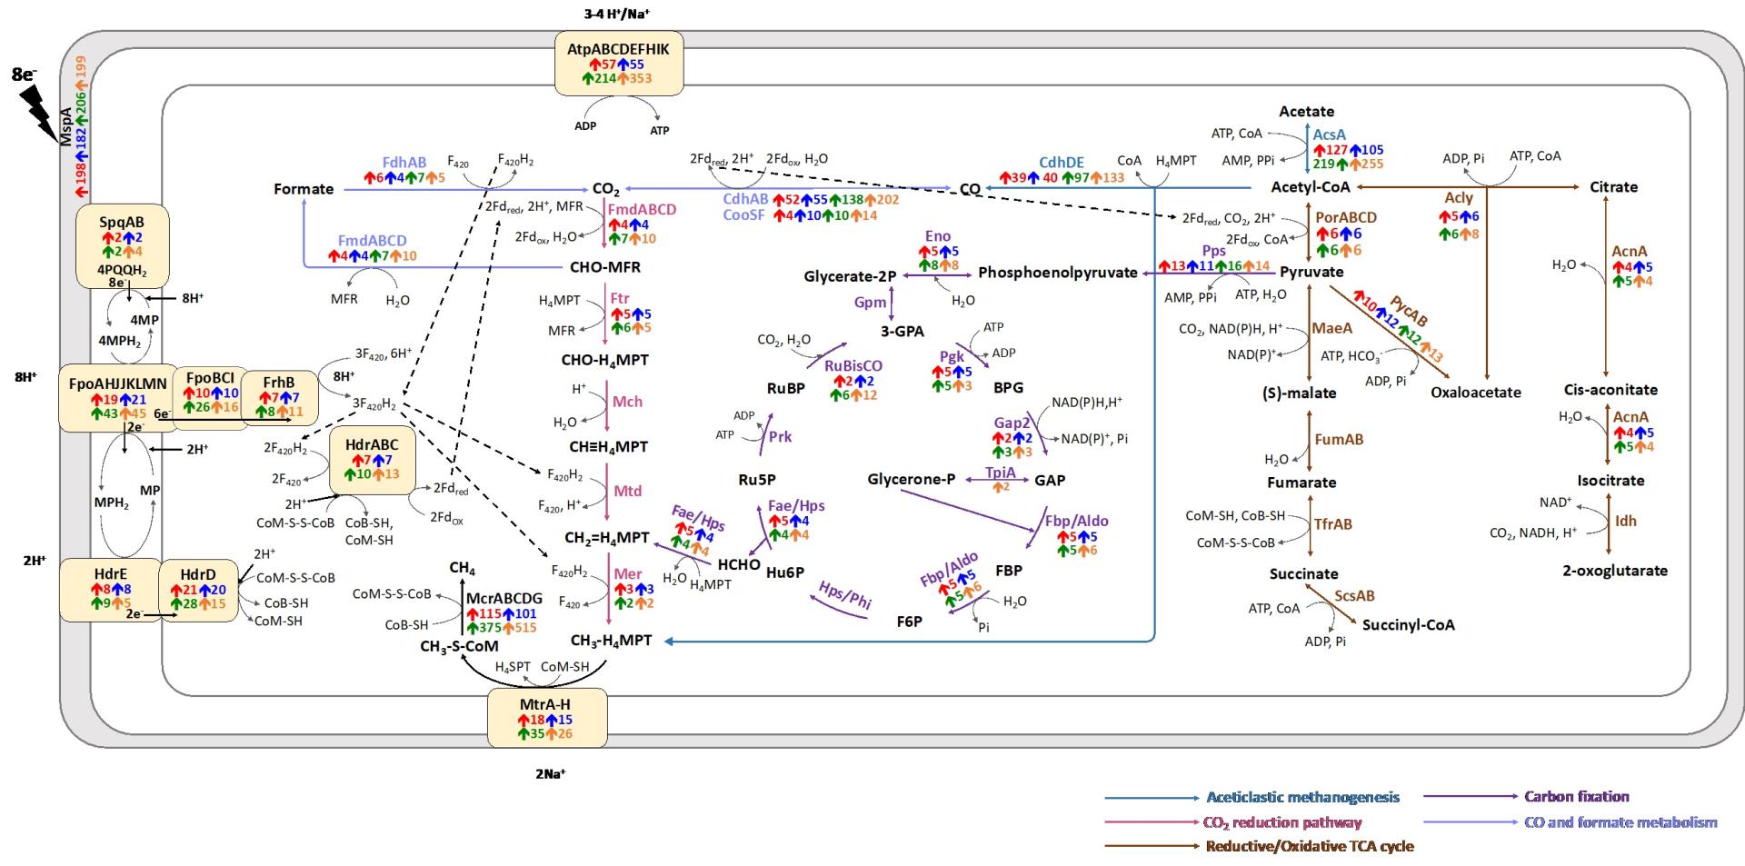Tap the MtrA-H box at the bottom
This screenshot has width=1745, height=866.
546,718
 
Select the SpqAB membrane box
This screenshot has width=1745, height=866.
122,244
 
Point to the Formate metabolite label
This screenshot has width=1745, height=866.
304,189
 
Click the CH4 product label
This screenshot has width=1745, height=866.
462,569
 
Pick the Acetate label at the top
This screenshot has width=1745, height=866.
1306,112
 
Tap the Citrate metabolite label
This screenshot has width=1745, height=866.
1613,187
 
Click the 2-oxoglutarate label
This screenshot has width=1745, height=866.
1615,571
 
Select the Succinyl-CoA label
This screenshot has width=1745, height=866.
1408,624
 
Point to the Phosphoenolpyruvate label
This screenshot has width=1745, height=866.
1057,273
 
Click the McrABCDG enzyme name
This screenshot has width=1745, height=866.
504,599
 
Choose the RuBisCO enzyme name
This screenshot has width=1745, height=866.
853,365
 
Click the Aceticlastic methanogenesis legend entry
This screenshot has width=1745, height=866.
1302,798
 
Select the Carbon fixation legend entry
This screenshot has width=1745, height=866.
1577,797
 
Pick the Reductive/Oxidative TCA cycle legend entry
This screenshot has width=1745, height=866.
1309,846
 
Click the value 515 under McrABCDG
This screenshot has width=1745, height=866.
524,628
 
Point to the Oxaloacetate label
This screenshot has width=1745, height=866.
1475,393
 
